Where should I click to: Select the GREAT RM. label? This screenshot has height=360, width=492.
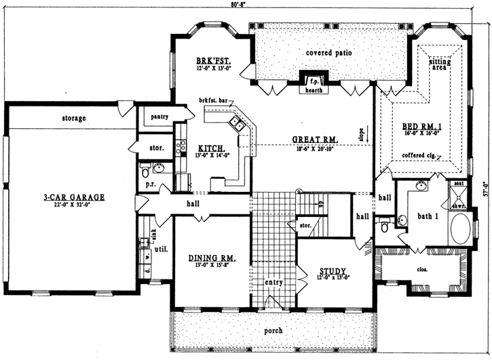[311, 140]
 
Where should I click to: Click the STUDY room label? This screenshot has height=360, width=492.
[333, 271]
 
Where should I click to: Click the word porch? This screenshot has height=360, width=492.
[273, 330]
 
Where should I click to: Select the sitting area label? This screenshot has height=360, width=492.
[440, 64]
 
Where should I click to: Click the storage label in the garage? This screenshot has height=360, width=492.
[73, 119]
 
